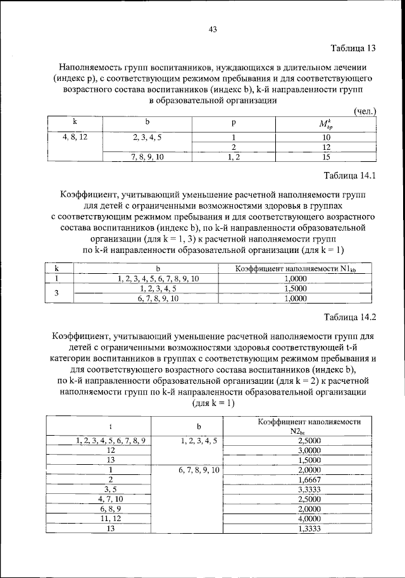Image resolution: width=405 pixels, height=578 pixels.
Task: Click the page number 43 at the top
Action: point(213,28)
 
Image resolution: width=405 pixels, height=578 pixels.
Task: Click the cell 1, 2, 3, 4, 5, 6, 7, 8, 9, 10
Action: point(158,278)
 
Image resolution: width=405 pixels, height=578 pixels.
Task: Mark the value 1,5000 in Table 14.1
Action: point(296,288)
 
